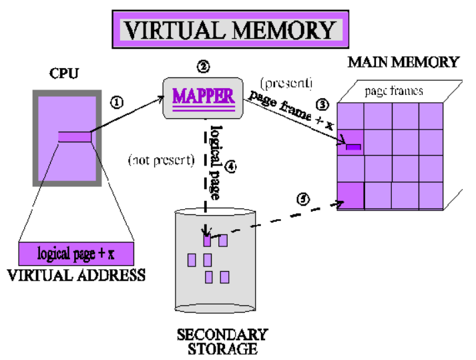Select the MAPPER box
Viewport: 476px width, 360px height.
[x=204, y=96]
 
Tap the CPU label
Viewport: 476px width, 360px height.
[x=64, y=72]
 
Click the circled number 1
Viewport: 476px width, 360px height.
[x=117, y=102]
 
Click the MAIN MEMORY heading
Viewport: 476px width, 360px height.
[x=403, y=63]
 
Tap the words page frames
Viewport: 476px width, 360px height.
[x=394, y=91]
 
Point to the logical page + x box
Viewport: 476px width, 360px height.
[x=75, y=254]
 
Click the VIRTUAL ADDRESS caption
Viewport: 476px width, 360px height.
[x=75, y=275]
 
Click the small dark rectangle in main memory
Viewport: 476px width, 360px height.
[x=352, y=146]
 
